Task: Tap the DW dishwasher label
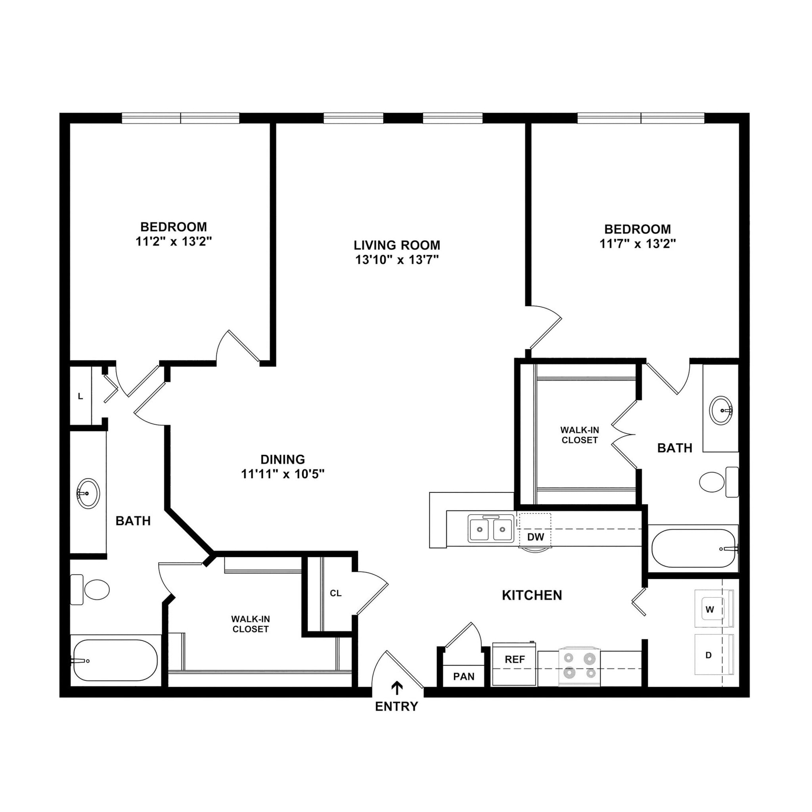point(535,537)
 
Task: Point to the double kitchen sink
point(490,528)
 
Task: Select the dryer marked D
point(713,654)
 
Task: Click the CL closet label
point(335,593)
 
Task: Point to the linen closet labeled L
point(80,396)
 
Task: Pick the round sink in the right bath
point(720,410)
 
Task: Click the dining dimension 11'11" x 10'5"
point(282,475)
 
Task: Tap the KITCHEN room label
point(532,595)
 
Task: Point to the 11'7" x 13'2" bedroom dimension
point(637,244)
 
